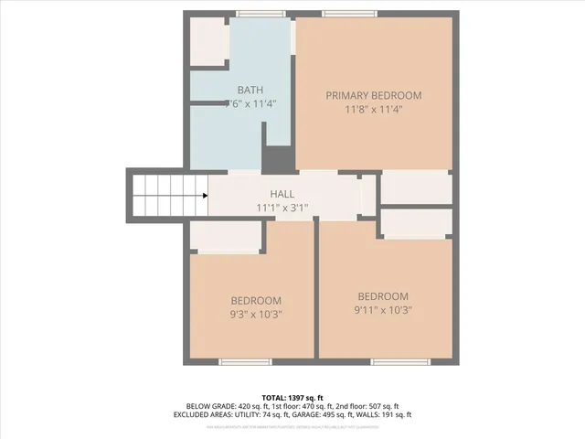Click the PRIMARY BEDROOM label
click(x=374, y=95)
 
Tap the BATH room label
click(x=250, y=90)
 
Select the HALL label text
click(x=282, y=194)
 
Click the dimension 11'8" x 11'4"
click(x=374, y=109)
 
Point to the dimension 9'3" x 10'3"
click(x=255, y=314)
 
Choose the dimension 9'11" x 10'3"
click(x=383, y=309)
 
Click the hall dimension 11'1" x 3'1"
click(x=282, y=208)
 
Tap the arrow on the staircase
click(x=202, y=195)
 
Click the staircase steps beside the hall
click(x=165, y=195)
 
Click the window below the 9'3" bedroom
click(x=245, y=361)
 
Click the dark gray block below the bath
click(x=278, y=159)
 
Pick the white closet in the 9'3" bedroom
click(x=226, y=236)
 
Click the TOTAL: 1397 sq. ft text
click(x=292, y=398)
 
